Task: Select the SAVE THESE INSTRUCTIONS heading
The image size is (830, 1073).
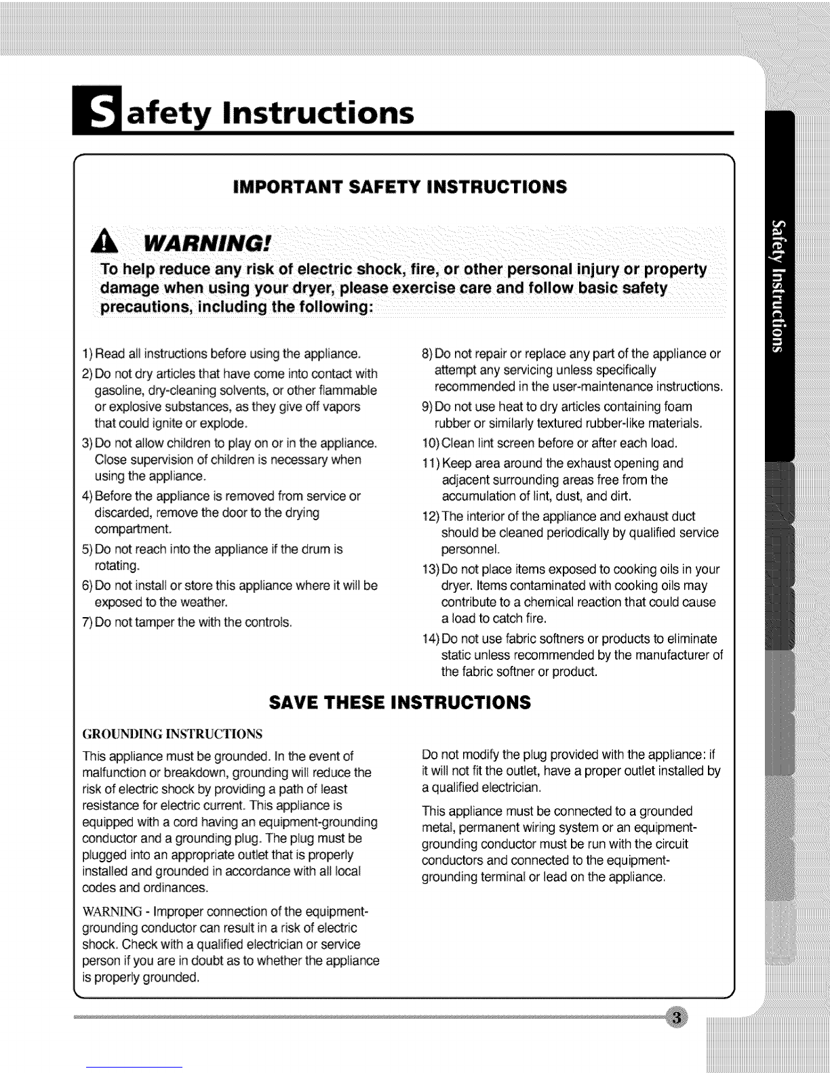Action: (399, 701)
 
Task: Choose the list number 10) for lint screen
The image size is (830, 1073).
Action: (431, 444)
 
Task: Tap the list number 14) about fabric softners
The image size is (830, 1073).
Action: (431, 639)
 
